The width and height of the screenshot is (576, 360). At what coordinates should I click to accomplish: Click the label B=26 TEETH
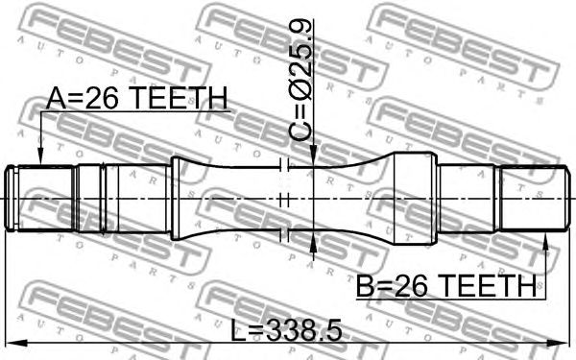click(446, 285)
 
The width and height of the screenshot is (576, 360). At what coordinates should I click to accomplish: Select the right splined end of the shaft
click(527, 199)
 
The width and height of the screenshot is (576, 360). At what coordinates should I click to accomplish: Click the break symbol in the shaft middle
click(281, 200)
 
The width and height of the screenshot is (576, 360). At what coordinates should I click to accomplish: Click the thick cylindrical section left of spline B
click(417, 199)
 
